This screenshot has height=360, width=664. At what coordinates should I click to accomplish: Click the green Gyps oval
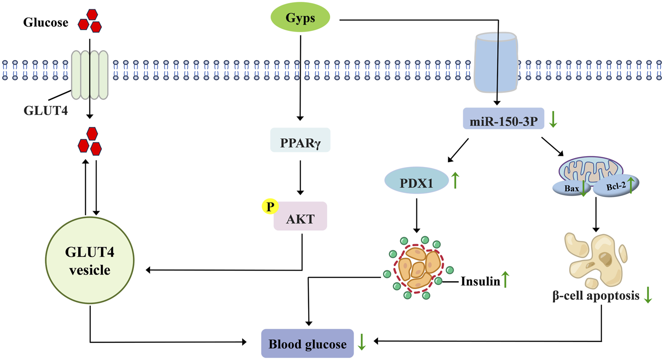pyautogui.click(x=300, y=18)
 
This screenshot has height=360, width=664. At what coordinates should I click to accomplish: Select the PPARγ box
pyautogui.click(x=300, y=140)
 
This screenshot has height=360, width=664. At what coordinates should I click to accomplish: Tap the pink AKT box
pyautogui.click(x=301, y=217)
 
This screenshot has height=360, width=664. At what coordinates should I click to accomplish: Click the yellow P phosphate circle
pyautogui.click(x=270, y=206)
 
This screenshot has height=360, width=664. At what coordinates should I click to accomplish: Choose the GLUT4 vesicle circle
pyautogui.click(x=90, y=260)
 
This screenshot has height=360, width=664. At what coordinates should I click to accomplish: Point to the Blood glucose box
pyautogui.click(x=307, y=344)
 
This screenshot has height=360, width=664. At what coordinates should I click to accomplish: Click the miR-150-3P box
pyautogui.click(x=503, y=119)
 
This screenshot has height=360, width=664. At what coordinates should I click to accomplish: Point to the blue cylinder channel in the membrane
pyautogui.click(x=496, y=62)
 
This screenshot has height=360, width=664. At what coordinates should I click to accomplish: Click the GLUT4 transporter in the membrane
pyautogui.click(x=90, y=74)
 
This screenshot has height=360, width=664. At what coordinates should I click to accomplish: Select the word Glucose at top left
pyautogui.click(x=46, y=23)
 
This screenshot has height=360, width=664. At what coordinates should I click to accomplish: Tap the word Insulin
pyautogui.click(x=480, y=281)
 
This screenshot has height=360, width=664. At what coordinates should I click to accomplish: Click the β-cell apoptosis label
pyautogui.click(x=596, y=296)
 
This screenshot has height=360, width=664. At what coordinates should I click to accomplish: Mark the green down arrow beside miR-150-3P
pyautogui.click(x=553, y=119)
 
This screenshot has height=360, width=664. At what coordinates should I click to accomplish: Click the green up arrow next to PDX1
pyautogui.click(x=455, y=180)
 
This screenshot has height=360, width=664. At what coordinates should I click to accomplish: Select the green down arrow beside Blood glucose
pyautogui.click(x=362, y=342)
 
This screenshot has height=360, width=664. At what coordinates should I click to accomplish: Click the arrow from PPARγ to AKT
pyautogui.click(x=300, y=177)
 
